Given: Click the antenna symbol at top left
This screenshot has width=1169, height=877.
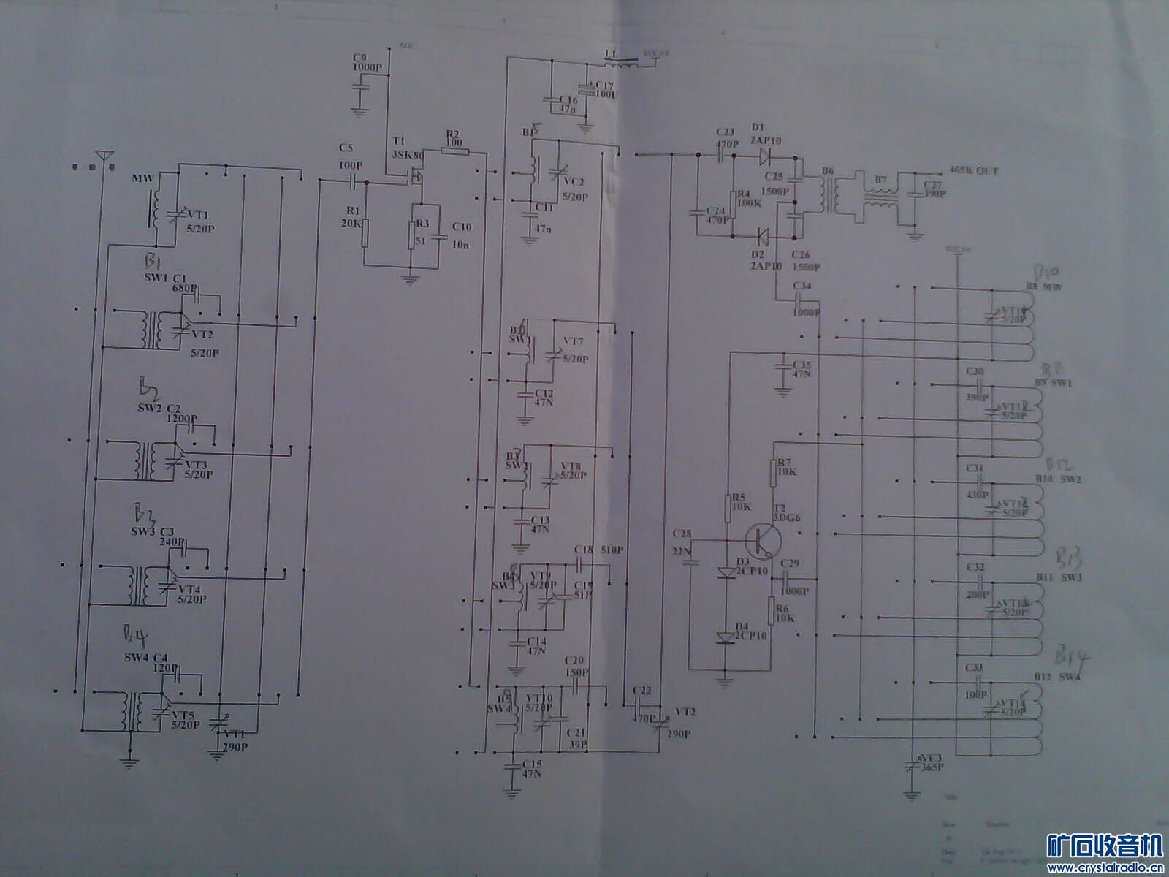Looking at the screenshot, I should (x=104, y=156).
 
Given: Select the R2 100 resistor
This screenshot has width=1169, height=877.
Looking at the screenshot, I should (x=454, y=151).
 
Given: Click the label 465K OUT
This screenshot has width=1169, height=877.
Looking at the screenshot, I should (x=973, y=171).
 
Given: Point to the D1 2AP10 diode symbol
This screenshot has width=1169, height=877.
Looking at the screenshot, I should (x=764, y=155).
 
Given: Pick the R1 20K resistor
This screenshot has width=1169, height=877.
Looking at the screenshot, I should (x=365, y=232).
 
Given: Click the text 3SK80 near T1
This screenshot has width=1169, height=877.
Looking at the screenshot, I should (x=407, y=155).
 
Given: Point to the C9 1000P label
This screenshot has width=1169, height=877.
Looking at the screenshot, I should (x=366, y=62).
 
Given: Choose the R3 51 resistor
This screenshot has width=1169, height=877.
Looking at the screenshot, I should (x=411, y=235).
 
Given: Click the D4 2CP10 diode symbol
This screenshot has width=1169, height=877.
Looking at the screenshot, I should (x=726, y=637).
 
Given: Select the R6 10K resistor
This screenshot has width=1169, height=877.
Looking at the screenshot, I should (x=771, y=610).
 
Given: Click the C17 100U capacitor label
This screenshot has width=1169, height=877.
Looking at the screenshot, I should (x=603, y=90).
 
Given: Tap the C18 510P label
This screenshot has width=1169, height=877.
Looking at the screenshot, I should (x=598, y=550).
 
